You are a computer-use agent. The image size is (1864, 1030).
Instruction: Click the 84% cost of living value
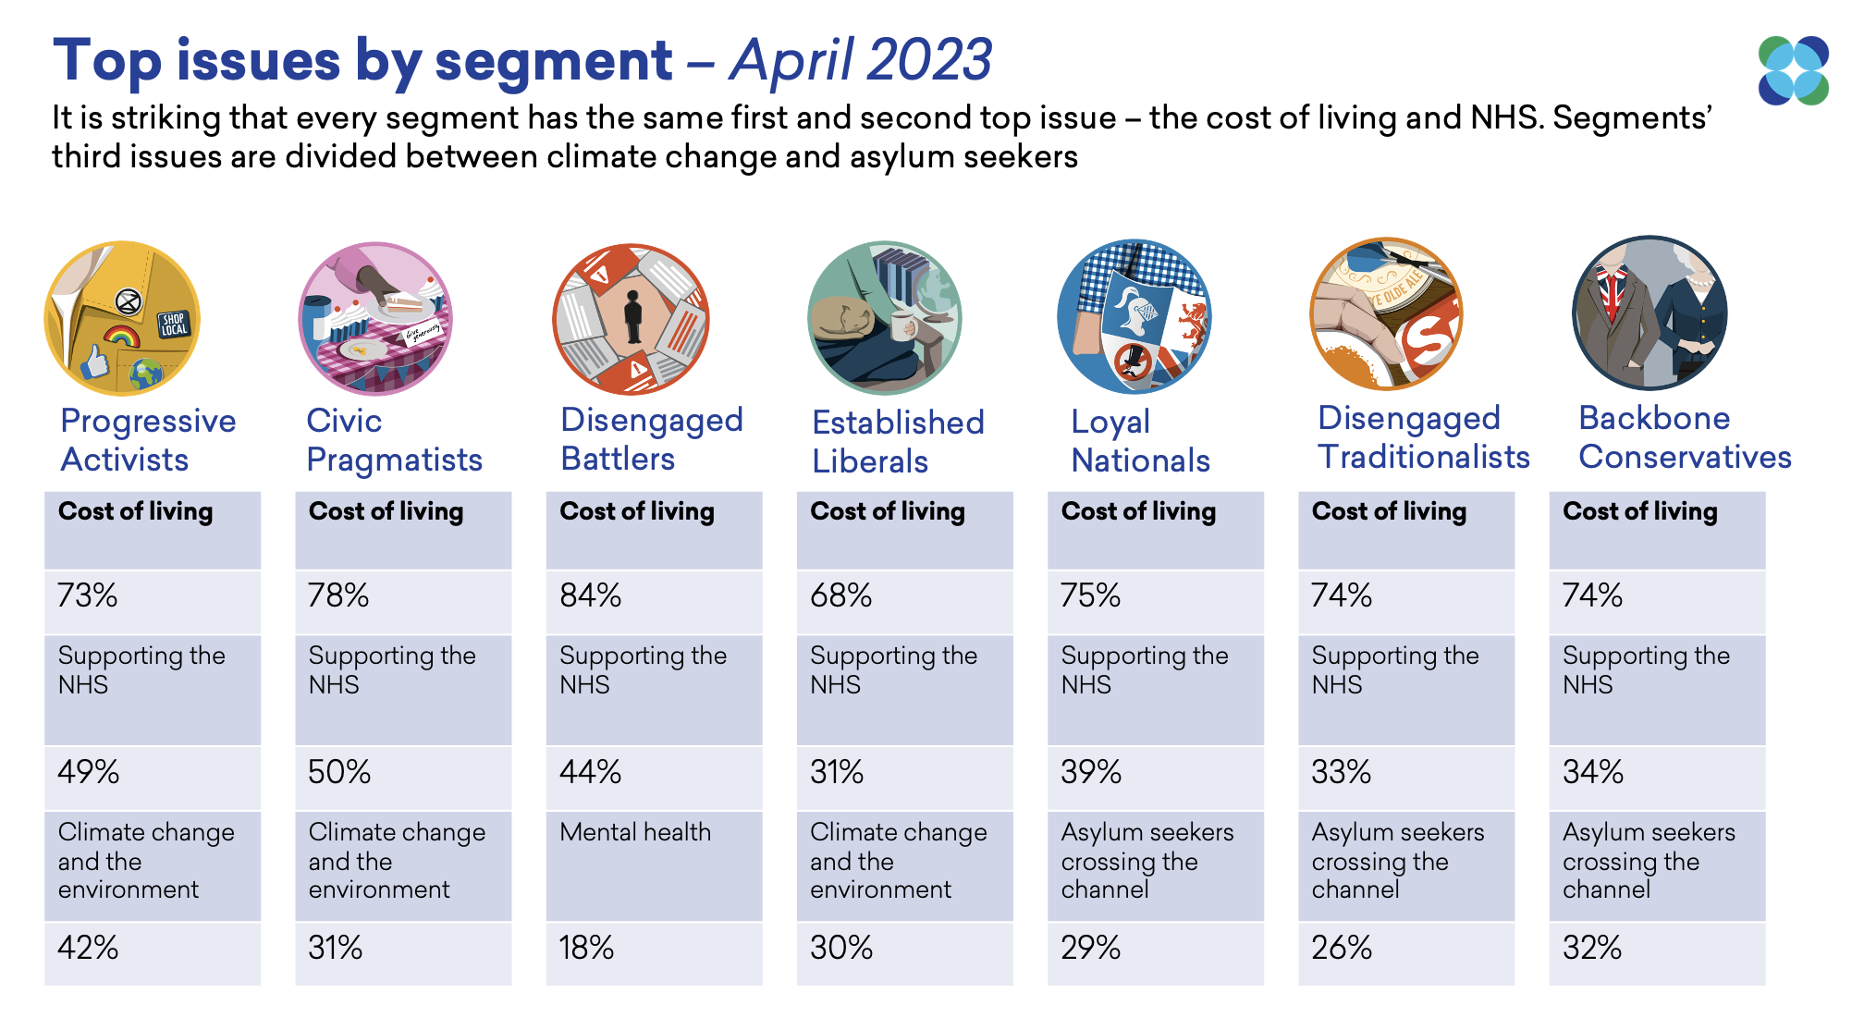tap(590, 595)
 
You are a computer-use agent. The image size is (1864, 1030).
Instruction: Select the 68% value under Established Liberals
tap(840, 595)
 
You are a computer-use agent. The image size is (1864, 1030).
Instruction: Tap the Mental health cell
tap(635, 832)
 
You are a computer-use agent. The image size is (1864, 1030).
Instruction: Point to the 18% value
tap(586, 948)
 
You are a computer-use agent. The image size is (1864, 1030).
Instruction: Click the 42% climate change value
tap(88, 948)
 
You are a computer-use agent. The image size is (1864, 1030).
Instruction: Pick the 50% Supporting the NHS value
tap(339, 772)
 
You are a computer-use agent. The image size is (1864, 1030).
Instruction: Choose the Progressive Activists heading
tap(148, 440)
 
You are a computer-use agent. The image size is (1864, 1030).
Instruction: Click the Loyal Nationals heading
tap(1140, 441)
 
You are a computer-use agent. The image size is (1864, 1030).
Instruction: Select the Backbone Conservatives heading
tap(1684, 437)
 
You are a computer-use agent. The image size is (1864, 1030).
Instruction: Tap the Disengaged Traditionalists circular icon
tap(1386, 315)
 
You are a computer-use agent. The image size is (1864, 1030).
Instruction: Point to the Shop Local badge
tap(174, 324)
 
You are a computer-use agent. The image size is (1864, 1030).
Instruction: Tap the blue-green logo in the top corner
tap(1793, 70)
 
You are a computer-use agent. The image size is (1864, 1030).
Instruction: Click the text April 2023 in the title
tap(860, 60)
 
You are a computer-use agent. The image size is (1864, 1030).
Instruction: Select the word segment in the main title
tap(553, 61)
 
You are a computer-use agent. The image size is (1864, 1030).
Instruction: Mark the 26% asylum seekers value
tap(1341, 948)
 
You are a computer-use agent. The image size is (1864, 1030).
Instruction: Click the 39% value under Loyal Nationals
tap(1091, 772)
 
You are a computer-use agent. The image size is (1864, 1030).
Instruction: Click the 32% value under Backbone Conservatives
tap(1591, 948)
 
